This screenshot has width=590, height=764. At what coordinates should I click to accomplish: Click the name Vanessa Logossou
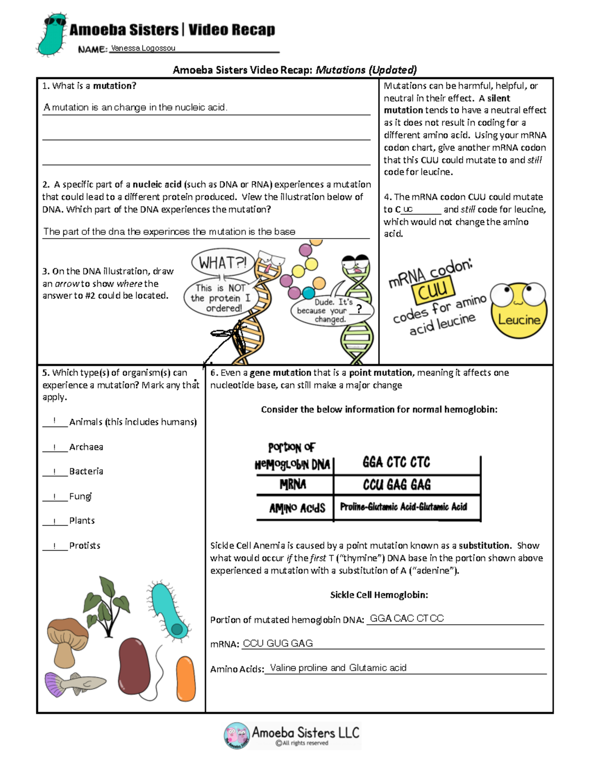coord(143,48)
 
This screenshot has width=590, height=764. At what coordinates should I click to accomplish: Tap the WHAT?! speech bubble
coord(222,263)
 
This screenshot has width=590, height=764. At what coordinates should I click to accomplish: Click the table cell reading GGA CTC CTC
coord(396,462)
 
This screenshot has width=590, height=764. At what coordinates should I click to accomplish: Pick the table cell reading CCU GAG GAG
coord(397,485)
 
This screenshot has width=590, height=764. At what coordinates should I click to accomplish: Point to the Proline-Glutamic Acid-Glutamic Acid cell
coord(403,507)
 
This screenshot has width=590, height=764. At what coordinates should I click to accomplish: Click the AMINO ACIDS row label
coord(297,508)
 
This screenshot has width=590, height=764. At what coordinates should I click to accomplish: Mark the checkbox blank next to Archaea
coord(54,447)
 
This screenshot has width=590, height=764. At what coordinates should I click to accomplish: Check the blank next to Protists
coord(54,546)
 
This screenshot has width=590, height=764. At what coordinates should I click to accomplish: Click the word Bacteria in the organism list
coord(86,471)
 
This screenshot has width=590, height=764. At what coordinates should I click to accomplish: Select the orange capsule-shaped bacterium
coord(186,679)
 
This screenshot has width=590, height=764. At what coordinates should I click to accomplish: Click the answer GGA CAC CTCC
coord(407,618)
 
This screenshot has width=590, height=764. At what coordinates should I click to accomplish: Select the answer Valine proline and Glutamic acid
coord(338,668)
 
